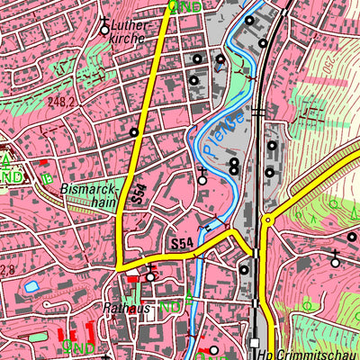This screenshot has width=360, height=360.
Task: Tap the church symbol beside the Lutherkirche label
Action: (x=104, y=28)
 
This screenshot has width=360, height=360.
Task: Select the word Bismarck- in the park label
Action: (x=88, y=190)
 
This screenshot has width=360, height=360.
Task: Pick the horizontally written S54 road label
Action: (x=183, y=244)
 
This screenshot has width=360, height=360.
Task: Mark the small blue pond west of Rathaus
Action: (x=31, y=287)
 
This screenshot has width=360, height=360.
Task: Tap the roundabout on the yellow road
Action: (x=120, y=266)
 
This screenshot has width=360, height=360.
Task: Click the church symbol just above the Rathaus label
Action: (x=150, y=276)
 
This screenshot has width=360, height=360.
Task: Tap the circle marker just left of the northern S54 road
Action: (x=134, y=133)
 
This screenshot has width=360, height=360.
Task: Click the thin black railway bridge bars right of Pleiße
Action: (x=258, y=112)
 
